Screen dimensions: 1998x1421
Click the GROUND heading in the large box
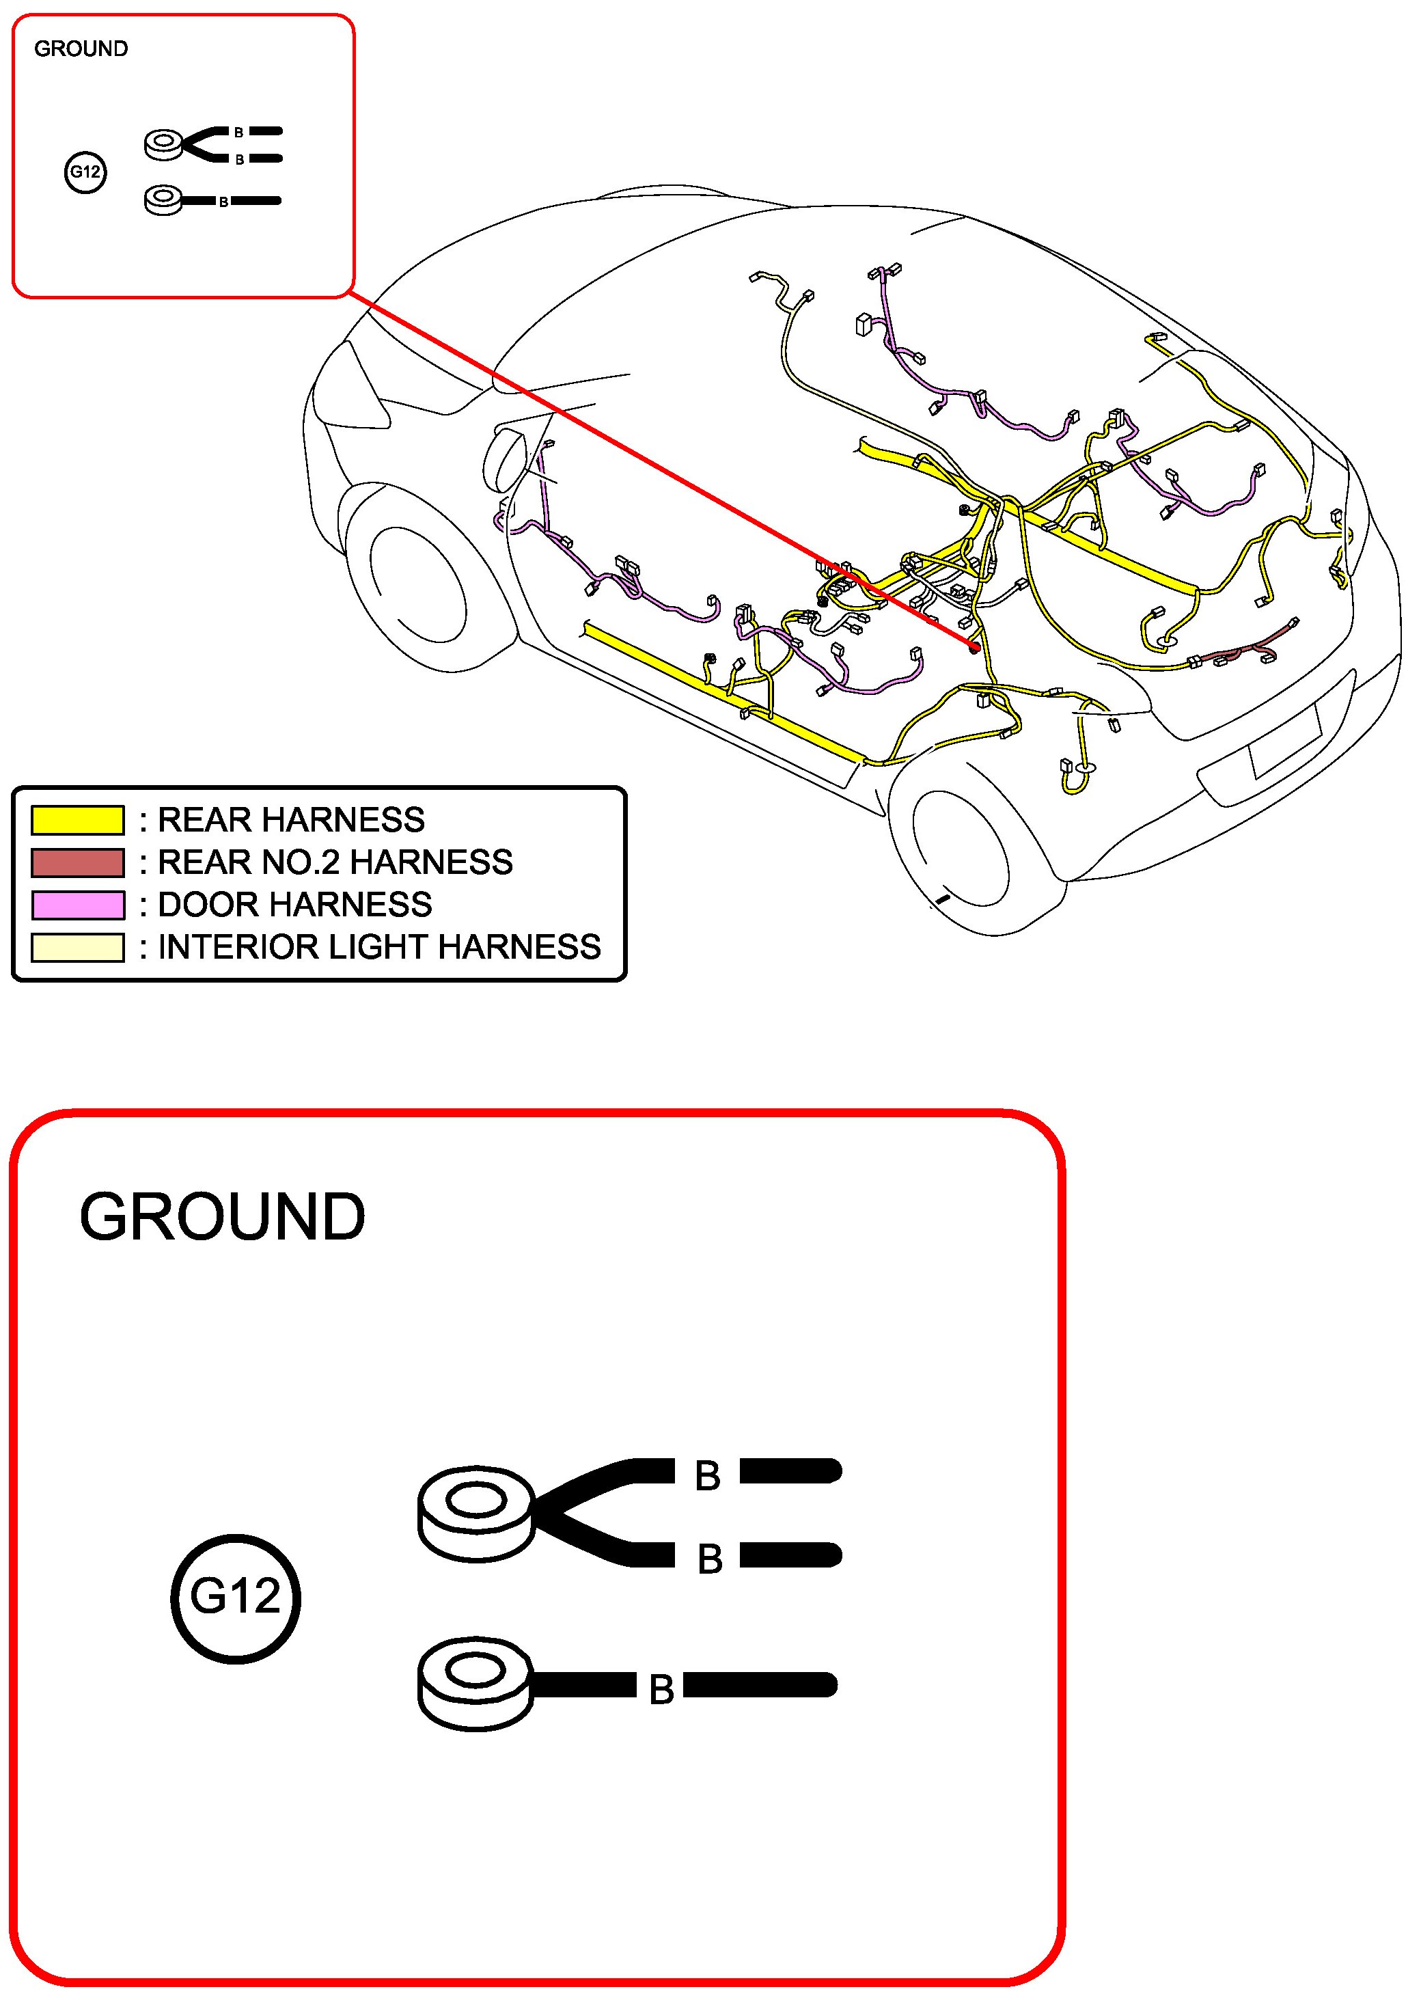(x=222, y=1218)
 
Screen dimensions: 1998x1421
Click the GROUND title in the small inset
(x=81, y=49)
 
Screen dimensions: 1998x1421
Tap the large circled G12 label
(x=236, y=1598)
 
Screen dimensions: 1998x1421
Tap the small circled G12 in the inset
(x=85, y=172)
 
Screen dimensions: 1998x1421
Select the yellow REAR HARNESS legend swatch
(x=77, y=820)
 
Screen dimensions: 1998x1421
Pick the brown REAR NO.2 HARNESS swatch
(x=77, y=863)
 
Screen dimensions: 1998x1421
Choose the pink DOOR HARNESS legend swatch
(x=77, y=905)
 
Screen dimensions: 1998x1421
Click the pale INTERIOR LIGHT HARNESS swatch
(x=77, y=947)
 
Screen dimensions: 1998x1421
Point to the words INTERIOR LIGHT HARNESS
(x=379, y=947)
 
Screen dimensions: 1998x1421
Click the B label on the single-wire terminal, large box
(x=661, y=1690)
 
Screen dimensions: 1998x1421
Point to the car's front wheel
(x=418, y=585)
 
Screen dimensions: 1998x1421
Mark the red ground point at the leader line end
(x=974, y=648)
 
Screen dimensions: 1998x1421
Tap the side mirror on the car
(x=506, y=459)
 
